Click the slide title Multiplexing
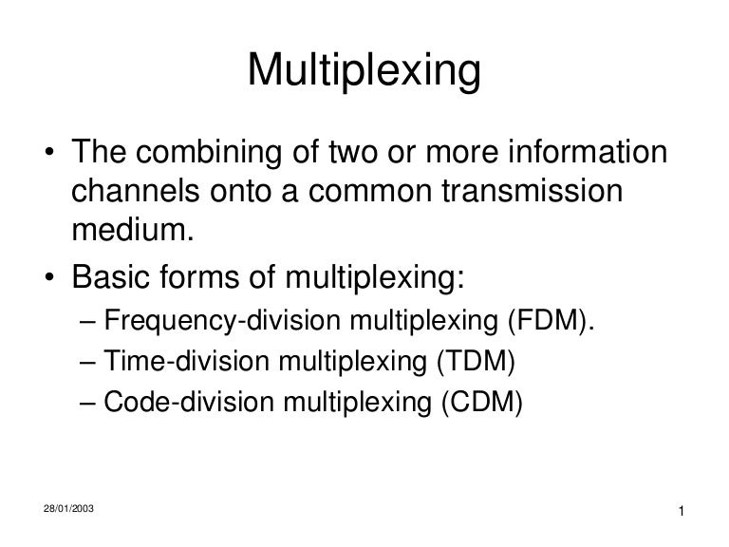point(364,70)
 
